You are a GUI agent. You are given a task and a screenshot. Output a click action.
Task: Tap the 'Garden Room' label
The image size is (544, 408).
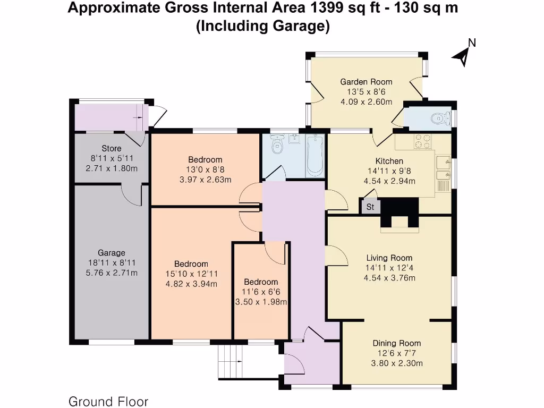[x=366, y=82]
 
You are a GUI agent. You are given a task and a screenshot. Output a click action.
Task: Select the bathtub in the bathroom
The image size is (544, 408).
[x=314, y=155]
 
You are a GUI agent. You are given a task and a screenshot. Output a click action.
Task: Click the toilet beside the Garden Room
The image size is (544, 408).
[x=437, y=118]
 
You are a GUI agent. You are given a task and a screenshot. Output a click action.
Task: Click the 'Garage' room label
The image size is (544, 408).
[x=111, y=253]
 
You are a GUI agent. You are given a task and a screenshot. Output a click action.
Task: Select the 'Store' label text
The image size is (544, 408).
[x=111, y=149]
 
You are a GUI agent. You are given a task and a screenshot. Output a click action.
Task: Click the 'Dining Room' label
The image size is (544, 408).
[x=396, y=343]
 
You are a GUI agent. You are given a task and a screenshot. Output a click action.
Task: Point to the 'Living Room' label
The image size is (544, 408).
[x=389, y=258]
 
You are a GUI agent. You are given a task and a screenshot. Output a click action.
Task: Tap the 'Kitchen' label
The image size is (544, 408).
[x=389, y=161]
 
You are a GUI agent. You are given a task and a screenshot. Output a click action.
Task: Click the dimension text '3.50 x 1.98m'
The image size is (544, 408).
[x=261, y=302]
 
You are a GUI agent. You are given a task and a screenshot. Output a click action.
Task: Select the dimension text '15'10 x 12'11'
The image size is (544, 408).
[x=191, y=274]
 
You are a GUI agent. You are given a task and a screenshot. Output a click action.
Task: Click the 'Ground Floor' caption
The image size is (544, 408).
[x=108, y=402]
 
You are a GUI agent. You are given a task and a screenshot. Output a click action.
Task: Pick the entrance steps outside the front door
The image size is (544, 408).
[x=230, y=361]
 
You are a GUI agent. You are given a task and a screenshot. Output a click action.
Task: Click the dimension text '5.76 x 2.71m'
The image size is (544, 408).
[x=111, y=273]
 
